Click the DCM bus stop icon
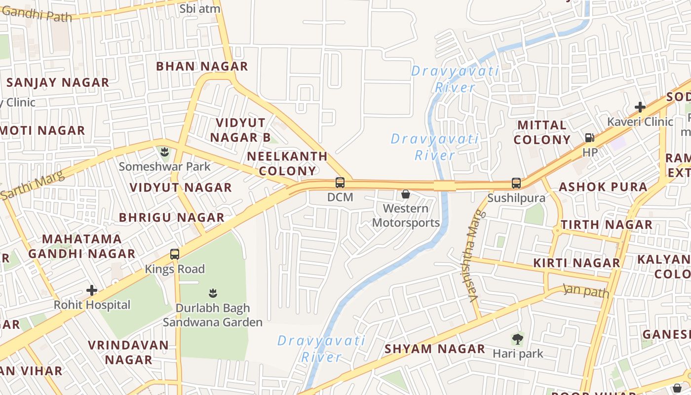(x=340, y=183)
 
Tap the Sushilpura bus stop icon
(x=516, y=183)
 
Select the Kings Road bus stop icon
(x=175, y=254)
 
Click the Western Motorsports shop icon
(x=406, y=194)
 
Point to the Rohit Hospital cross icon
(x=92, y=290)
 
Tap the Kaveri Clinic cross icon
(x=640, y=107)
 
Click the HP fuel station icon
(x=589, y=138)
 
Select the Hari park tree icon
(x=517, y=339)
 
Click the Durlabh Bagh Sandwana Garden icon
(x=213, y=293)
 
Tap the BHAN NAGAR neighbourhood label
(x=202, y=66)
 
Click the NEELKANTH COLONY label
(x=287, y=164)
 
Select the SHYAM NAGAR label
(x=435, y=349)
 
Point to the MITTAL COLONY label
(x=542, y=132)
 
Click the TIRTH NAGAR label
(x=607, y=225)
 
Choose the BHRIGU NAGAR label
(x=172, y=217)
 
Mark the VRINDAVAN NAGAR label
(x=128, y=352)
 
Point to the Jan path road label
(x=586, y=291)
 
